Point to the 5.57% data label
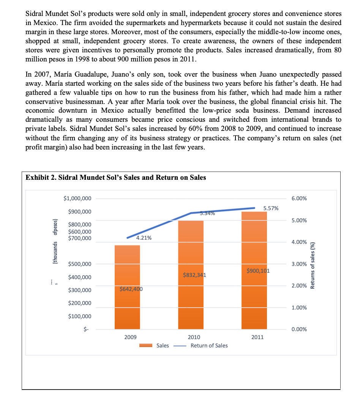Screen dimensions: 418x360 pyautogui.click(x=271, y=208)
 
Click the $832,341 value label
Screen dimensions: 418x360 pyautogui.click(x=194, y=275)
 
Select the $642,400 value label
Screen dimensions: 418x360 pyautogui.click(x=131, y=289)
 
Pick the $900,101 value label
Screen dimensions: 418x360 pyautogui.click(x=258, y=270)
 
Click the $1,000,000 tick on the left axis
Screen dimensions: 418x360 pyautogui.click(x=77, y=199)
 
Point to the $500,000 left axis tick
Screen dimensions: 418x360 pyautogui.click(x=79, y=264)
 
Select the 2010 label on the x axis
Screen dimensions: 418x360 pyautogui.click(x=194, y=337)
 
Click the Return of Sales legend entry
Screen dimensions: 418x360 pyautogui.click(x=209, y=346)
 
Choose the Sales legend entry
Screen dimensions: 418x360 pyautogui.click(x=163, y=346)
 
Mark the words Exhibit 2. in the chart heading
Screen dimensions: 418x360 pyautogui.click(x=41, y=178)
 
